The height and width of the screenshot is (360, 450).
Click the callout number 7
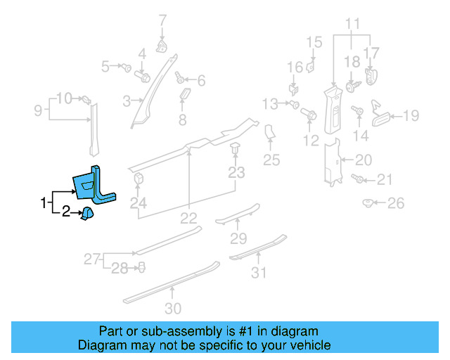click(162, 20)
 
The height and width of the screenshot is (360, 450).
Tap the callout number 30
click(173, 309)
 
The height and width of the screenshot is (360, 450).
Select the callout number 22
click(188, 219)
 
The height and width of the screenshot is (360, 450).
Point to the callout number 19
click(411, 115)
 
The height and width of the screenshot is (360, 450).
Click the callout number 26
click(396, 203)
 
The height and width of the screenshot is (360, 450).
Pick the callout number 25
click(271, 160)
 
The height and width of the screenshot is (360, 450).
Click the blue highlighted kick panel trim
click(94, 185)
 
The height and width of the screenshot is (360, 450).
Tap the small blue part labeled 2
click(87, 214)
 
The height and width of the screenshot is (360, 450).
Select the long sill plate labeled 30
click(172, 282)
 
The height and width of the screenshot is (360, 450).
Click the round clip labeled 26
click(368, 203)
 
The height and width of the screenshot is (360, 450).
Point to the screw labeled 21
click(357, 179)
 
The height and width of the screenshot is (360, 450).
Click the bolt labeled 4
click(142, 76)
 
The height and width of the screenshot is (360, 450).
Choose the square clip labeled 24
click(139, 179)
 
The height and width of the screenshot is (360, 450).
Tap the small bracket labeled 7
click(162, 46)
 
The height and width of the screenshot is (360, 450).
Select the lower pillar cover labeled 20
click(332, 162)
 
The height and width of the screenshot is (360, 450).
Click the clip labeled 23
click(235, 148)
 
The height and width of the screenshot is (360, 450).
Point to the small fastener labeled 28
click(141, 267)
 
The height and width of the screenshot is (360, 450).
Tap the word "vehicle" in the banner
click(310, 345)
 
